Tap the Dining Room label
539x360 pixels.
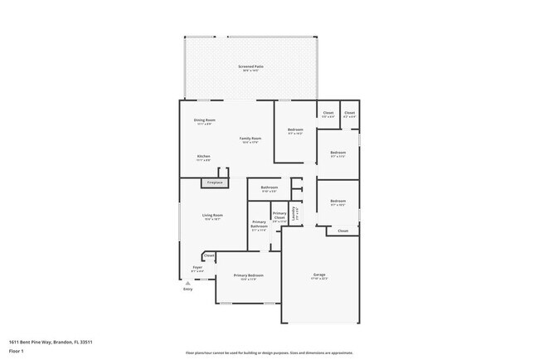(x=205, y=121)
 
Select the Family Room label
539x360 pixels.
(x=250, y=139)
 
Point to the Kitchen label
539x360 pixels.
(x=203, y=156)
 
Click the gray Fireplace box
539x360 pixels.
(x=203, y=182)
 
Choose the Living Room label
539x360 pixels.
(x=213, y=216)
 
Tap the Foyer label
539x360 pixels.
(x=197, y=268)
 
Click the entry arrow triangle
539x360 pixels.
(x=187, y=282)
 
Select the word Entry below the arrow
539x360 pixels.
(x=187, y=289)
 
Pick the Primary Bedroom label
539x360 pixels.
(x=248, y=275)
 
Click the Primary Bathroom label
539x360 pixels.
(x=260, y=225)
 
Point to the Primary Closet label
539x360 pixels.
(x=279, y=216)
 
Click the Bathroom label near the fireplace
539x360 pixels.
(x=269, y=187)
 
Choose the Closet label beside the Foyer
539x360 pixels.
(x=209, y=255)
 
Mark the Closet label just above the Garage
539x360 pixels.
(x=342, y=231)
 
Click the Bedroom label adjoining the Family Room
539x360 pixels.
(x=295, y=129)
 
